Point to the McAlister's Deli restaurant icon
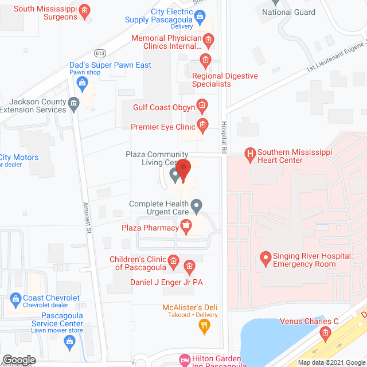pos(204,327)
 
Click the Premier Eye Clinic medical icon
pos(201,124)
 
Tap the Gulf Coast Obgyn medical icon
pos(201,104)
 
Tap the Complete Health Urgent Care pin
pos(197,205)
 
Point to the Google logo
pos(18,360)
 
